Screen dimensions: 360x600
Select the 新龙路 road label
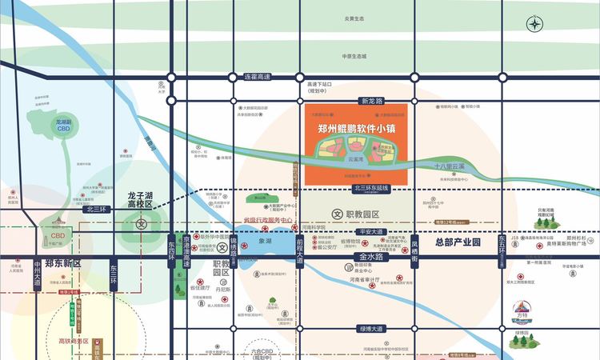click(x=372, y=102)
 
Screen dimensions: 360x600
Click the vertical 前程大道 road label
click(x=299, y=250)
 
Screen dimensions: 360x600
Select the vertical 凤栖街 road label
click(x=414, y=250)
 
